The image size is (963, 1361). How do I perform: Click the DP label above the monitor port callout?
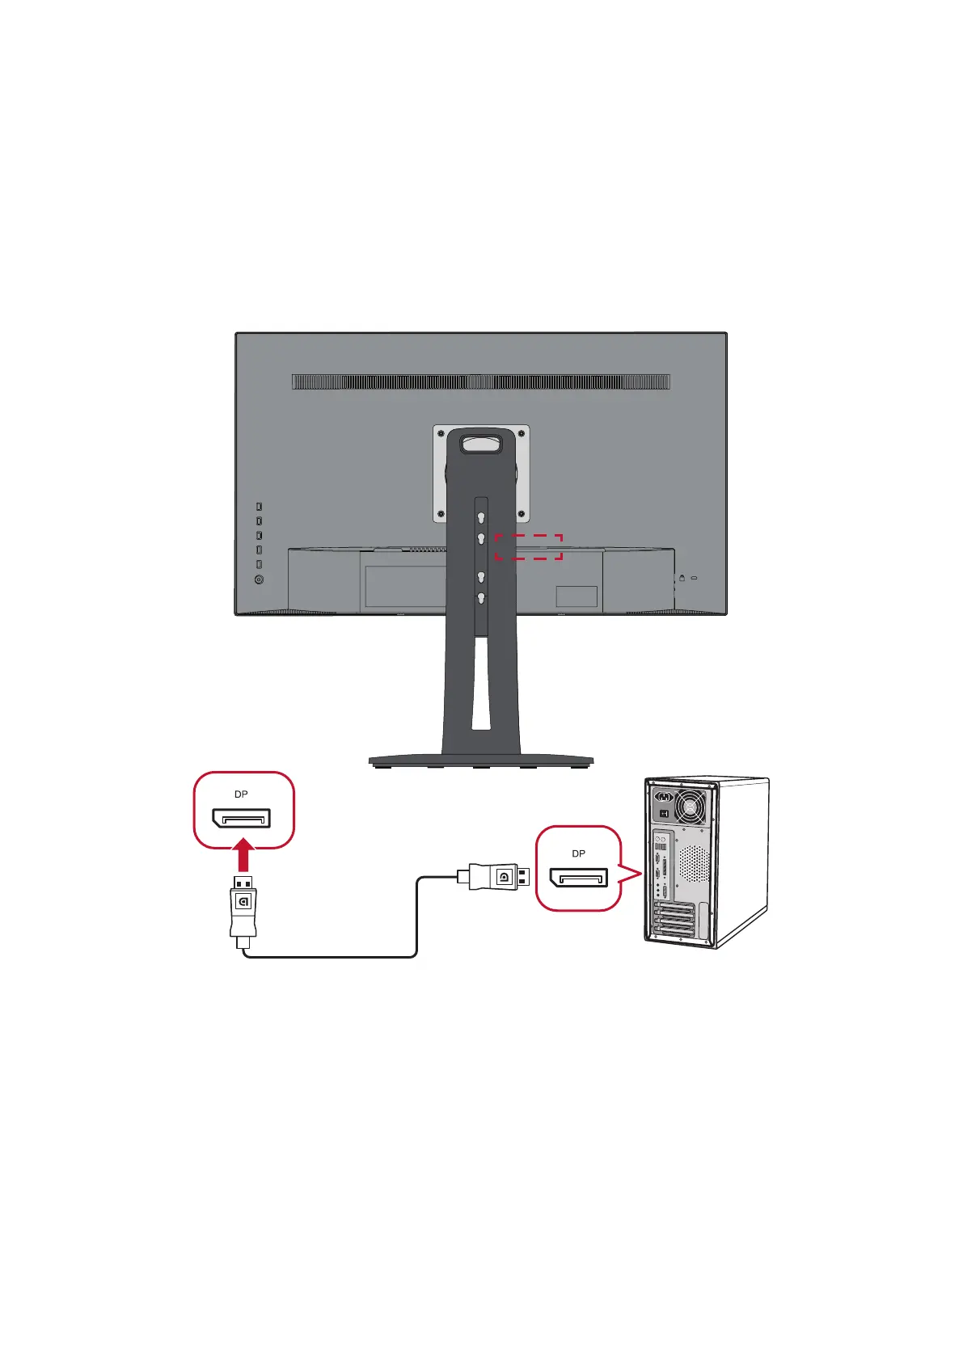click(x=241, y=794)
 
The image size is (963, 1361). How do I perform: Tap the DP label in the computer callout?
click(x=578, y=853)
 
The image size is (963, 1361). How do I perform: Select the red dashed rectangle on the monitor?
click(x=528, y=546)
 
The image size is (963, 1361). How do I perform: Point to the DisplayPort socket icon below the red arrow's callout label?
click(x=241, y=818)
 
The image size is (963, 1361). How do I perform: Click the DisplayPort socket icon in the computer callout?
click(x=578, y=878)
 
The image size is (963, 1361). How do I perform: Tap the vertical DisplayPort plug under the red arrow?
click(x=243, y=905)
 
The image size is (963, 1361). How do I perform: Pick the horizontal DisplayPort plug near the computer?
click(x=494, y=876)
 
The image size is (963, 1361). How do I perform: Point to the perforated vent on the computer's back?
click(x=693, y=864)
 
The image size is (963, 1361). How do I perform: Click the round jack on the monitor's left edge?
click(x=259, y=579)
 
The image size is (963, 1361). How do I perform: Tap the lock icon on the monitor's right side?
click(x=682, y=578)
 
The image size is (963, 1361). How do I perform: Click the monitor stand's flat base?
click(x=481, y=761)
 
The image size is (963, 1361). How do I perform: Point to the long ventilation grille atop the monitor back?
click(x=481, y=381)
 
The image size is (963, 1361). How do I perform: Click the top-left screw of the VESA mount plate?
click(x=441, y=433)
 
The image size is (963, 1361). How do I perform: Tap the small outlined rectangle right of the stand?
click(x=577, y=596)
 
